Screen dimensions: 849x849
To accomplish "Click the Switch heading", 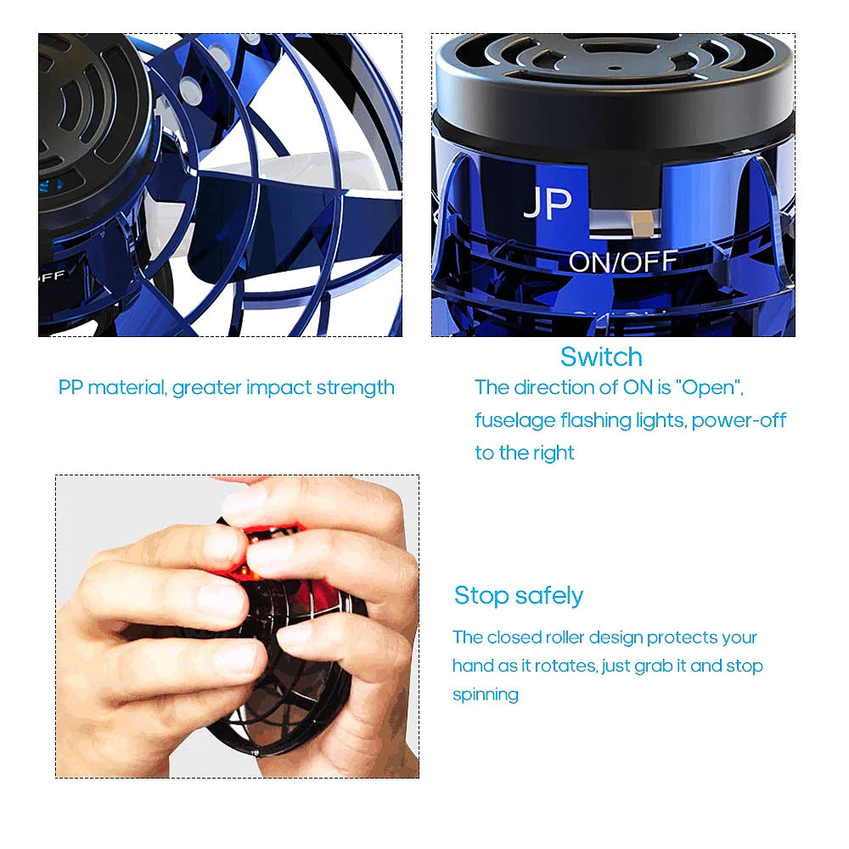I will (x=601, y=357).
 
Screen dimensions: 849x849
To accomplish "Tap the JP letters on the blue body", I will (x=548, y=204).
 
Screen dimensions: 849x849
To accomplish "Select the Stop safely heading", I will (x=518, y=595).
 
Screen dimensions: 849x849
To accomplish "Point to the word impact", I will (x=278, y=388).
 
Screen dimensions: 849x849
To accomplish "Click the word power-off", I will (x=739, y=420).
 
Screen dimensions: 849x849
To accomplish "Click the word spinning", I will (x=486, y=694).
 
